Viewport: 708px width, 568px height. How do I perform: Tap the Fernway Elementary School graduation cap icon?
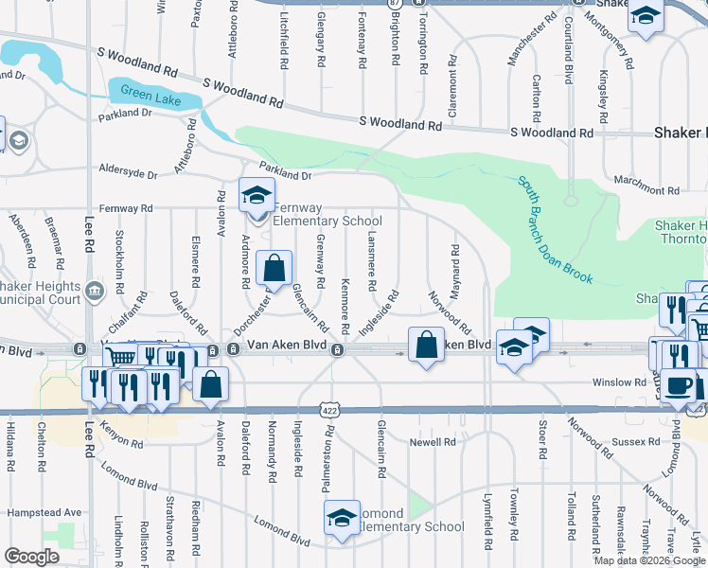[x=256, y=196]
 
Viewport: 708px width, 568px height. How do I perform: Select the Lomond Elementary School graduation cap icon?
[x=342, y=518]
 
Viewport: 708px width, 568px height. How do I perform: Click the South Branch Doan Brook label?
[x=555, y=230]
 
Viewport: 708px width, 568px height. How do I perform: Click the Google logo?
[x=32, y=558]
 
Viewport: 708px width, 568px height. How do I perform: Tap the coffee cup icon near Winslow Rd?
[x=679, y=384]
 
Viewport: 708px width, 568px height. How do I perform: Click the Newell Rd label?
[x=433, y=442]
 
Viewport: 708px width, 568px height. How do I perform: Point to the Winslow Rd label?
[x=620, y=382]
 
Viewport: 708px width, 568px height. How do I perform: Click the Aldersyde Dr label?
[x=128, y=173]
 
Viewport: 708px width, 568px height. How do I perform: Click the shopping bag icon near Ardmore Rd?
[x=274, y=269]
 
